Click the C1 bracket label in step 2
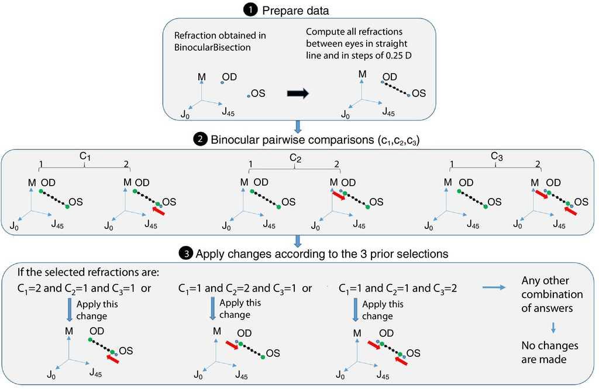click(85, 158)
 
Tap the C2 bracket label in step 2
click(295, 158)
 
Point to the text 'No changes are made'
click(544, 352)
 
